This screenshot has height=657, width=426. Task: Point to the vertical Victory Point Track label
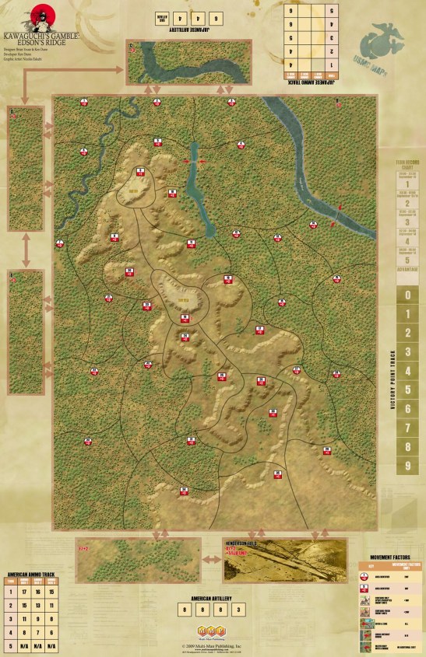395,381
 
